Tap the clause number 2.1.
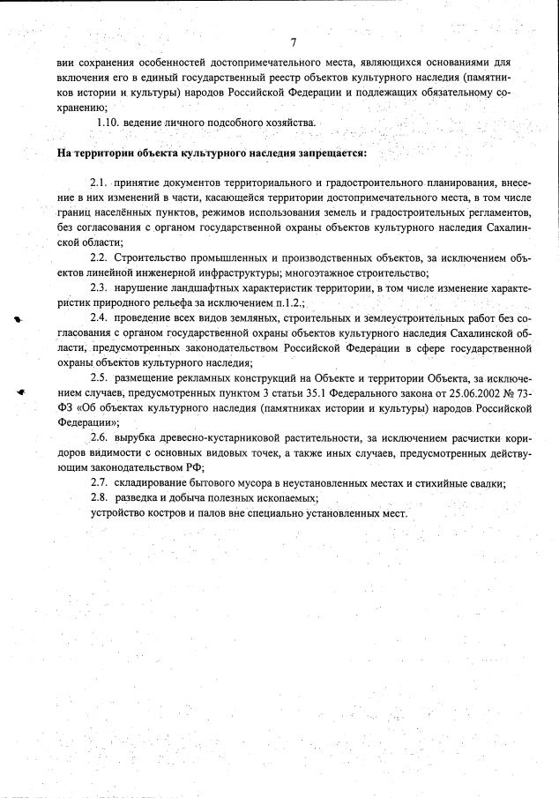[99, 182]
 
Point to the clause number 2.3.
[99, 287]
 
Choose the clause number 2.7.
[99, 482]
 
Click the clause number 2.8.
[99, 497]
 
